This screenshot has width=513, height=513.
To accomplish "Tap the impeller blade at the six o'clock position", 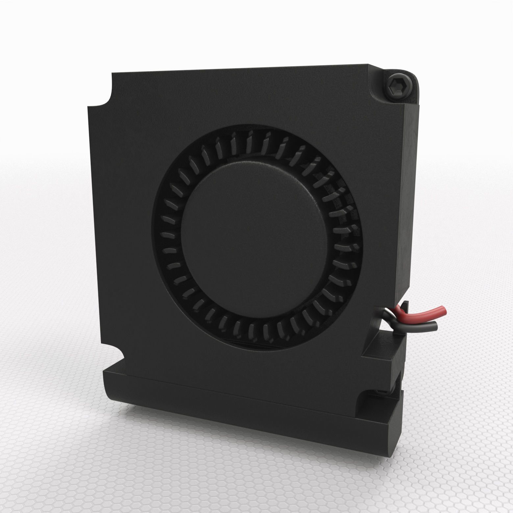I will click(x=252, y=329).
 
